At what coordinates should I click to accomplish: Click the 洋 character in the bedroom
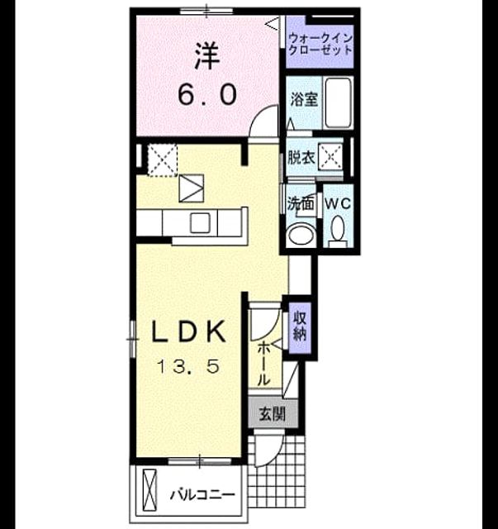coord(207,56)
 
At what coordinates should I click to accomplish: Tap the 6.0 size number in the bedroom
coord(207,94)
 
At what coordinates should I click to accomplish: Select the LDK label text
coord(189,331)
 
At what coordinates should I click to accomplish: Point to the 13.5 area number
coord(189,366)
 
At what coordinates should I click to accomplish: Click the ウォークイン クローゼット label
coord(320,44)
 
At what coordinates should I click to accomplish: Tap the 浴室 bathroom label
coord(304,99)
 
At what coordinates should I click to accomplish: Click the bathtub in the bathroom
coord(338,102)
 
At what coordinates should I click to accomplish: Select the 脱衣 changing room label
coord(301,157)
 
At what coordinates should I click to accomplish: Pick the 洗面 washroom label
coord(301,204)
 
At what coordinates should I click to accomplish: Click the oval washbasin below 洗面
coord(300,233)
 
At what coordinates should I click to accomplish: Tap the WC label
coord(338,203)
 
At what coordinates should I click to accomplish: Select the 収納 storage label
coord(300,326)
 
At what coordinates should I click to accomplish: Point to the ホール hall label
coord(264,364)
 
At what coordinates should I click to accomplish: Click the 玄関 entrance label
coord(272,414)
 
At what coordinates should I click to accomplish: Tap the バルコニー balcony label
coord(202,495)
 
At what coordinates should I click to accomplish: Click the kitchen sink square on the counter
coord(201,223)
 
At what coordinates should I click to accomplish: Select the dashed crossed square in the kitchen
coord(163,160)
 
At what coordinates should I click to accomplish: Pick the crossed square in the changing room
coord(330,157)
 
